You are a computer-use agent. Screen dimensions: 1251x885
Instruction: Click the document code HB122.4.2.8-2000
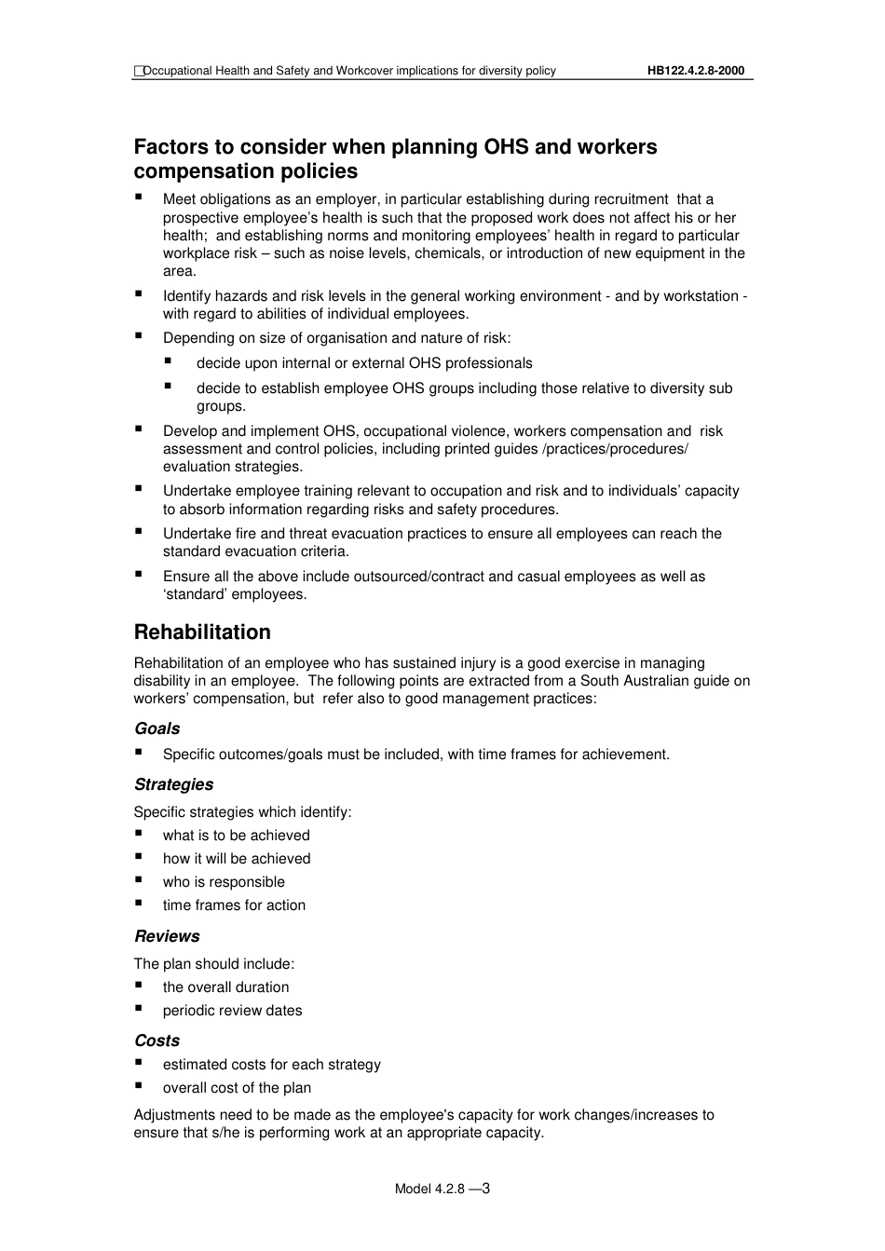coord(695,71)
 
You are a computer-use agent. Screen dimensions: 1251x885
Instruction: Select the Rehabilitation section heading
coord(202,632)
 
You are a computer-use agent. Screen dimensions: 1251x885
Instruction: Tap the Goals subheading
coord(157,729)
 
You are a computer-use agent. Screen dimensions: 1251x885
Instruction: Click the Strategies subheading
coord(173,785)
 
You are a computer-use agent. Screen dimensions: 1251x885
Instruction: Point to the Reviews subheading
coord(167,937)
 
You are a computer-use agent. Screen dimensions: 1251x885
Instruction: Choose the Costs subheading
coord(157,1041)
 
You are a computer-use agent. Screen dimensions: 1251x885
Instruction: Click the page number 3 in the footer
coord(485,1188)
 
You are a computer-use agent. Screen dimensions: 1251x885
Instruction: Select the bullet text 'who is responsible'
coord(224,882)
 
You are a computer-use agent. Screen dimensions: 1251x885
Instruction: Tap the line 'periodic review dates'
coord(232,1011)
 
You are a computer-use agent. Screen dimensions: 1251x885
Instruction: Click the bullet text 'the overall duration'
coord(225,987)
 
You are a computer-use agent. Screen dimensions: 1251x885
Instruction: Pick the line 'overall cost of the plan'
coord(237,1088)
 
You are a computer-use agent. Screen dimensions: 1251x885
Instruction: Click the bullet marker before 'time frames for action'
coord(139,904)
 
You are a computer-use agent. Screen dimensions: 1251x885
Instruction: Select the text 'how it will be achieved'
coord(237,859)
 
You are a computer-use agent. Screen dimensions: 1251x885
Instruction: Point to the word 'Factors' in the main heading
coord(170,147)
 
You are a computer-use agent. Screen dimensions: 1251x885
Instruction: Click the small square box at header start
coord(138,71)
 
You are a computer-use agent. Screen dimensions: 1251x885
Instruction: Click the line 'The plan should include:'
coord(213,964)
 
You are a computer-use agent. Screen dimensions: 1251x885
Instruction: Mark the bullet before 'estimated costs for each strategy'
coord(139,1063)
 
